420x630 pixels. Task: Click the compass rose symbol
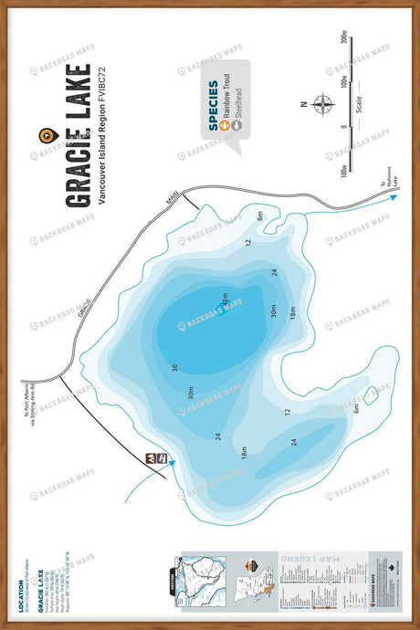pyautogui.click(x=322, y=103)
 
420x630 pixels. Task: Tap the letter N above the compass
pyautogui.click(x=302, y=103)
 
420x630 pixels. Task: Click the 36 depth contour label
pyautogui.click(x=174, y=369)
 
